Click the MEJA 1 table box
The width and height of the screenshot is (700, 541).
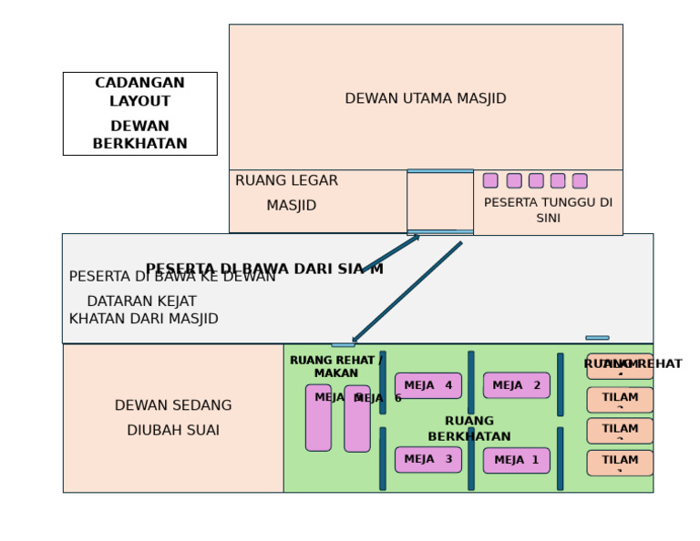click(x=516, y=461)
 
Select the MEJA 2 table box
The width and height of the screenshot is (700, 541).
click(x=516, y=385)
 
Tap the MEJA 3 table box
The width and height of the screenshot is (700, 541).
click(x=427, y=460)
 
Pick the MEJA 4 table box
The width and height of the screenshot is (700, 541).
click(x=427, y=385)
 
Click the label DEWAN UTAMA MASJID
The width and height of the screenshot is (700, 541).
click(x=425, y=98)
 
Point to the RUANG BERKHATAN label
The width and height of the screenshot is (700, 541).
click(x=469, y=429)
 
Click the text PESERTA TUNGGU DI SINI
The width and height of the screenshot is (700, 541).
click(x=548, y=210)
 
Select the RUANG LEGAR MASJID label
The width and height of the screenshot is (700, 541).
click(x=287, y=193)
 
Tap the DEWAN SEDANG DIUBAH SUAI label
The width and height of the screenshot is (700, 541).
click(x=173, y=418)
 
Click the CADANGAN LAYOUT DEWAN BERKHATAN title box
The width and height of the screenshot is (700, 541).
click(x=139, y=114)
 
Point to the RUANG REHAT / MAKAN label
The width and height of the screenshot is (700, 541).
click(x=336, y=366)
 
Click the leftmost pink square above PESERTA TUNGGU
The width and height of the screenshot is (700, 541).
click(x=490, y=180)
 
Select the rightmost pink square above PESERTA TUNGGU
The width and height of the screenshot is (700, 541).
click(x=580, y=180)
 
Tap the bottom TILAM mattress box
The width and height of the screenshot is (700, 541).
click(x=620, y=463)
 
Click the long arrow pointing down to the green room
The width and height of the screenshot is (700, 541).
click(x=407, y=292)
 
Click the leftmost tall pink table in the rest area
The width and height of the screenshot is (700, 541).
click(x=318, y=418)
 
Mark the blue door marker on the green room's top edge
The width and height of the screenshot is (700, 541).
click(x=343, y=345)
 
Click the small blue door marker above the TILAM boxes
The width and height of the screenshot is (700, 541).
click(x=597, y=338)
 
